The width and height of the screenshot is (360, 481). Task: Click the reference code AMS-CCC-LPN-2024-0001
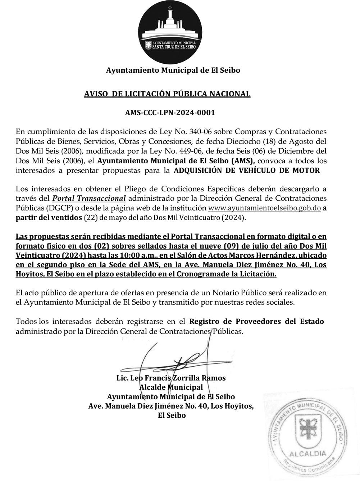(170, 113)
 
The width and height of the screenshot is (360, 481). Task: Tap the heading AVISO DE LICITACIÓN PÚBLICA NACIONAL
(167, 94)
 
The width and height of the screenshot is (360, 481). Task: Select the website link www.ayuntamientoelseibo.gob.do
(264, 208)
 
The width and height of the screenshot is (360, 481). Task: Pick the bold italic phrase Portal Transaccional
(89, 199)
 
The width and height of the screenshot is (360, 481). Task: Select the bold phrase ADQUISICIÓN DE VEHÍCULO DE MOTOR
(247, 171)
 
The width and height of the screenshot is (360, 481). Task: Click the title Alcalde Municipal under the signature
(171, 387)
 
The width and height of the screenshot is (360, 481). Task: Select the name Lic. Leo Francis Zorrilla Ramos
(171, 378)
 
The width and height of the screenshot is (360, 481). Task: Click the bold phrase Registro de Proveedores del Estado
(256, 321)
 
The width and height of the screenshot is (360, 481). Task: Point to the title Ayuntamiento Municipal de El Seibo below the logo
(173, 71)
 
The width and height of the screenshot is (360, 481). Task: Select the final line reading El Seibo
(172, 416)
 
